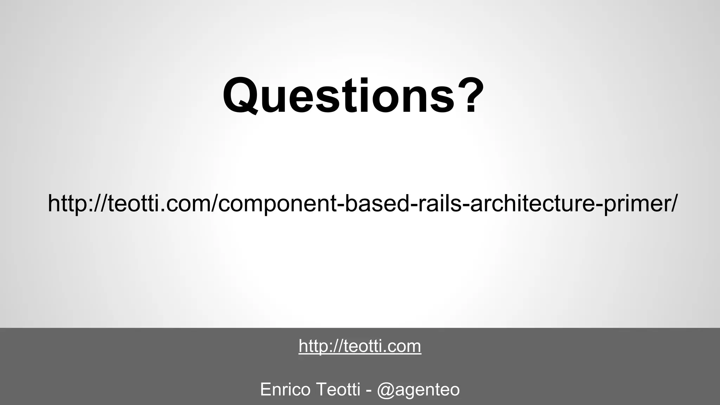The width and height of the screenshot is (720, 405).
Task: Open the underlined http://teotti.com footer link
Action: coord(360,346)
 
